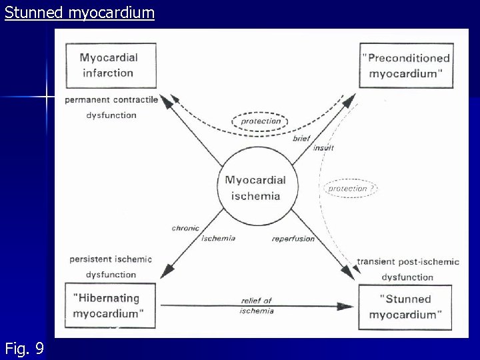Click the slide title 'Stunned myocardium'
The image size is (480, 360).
pyautogui.click(x=79, y=12)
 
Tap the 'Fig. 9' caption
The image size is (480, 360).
pyautogui.click(x=25, y=347)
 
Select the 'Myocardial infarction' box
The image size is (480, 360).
pyautogui.click(x=110, y=65)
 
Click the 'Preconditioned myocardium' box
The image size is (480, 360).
pyautogui.click(x=405, y=65)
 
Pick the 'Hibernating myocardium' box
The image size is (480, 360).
pyautogui.click(x=109, y=306)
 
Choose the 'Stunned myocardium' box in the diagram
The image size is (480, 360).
pyautogui.click(x=405, y=307)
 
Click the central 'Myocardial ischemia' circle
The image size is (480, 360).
pyautogui.click(x=255, y=187)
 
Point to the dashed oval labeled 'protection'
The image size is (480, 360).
pyautogui.click(x=261, y=121)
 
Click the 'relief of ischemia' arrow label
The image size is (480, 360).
pyautogui.click(x=257, y=305)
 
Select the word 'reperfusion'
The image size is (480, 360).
pyautogui.click(x=293, y=239)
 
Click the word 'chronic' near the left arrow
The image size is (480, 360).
pyautogui.click(x=185, y=229)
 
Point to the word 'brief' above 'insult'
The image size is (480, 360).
pyautogui.click(x=301, y=138)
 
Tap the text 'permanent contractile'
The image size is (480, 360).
pyautogui.click(x=111, y=100)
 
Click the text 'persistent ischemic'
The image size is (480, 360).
pyautogui.click(x=111, y=259)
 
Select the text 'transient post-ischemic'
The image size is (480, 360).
pyautogui.click(x=408, y=261)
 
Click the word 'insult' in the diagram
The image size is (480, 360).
pyautogui.click(x=323, y=147)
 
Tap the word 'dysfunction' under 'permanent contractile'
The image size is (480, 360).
pyautogui.click(x=111, y=115)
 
